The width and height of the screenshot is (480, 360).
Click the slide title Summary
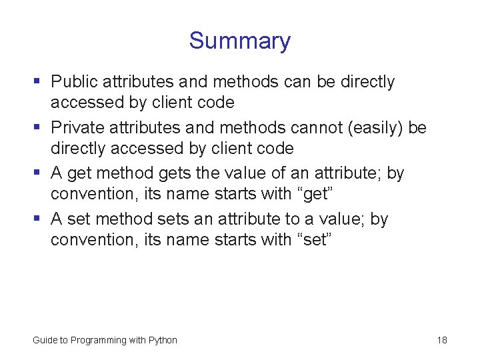tap(239, 41)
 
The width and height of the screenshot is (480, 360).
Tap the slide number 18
tap(442, 340)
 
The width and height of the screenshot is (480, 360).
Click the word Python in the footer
tap(163, 340)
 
